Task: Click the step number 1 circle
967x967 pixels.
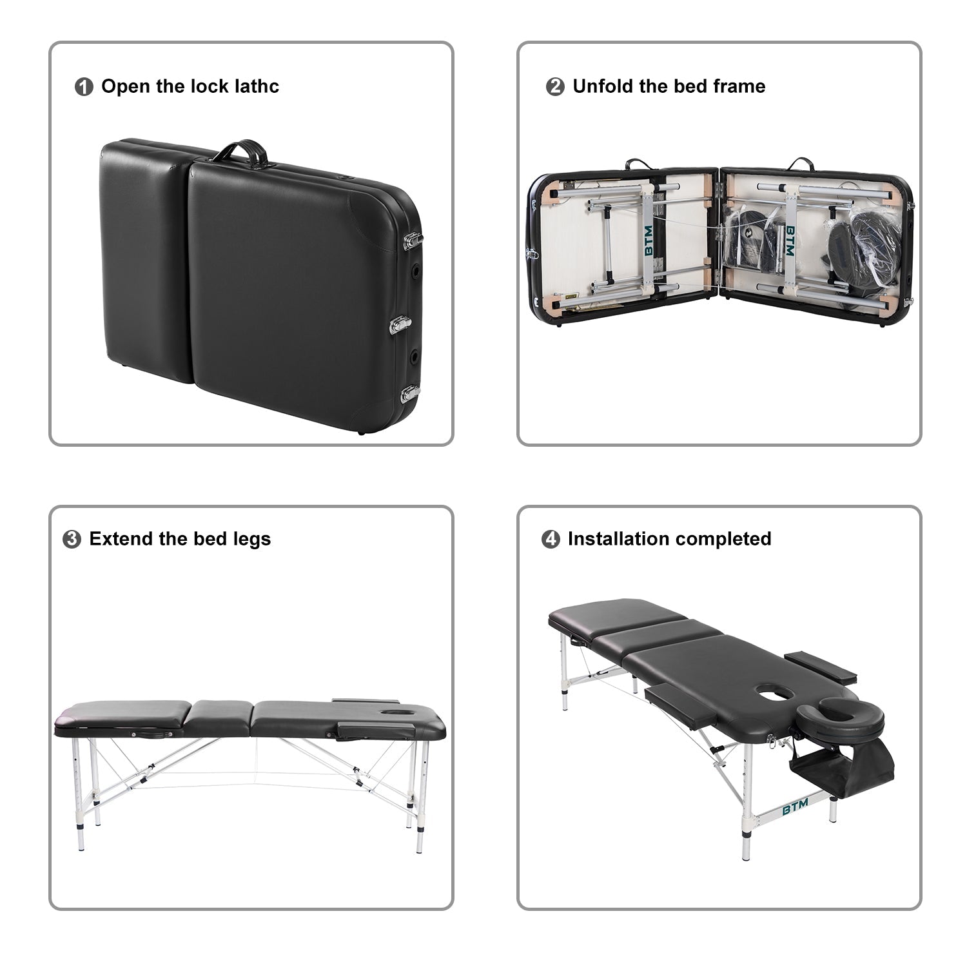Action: tap(84, 87)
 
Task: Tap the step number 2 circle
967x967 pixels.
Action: tap(554, 87)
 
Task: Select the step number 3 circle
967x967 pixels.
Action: tap(72, 540)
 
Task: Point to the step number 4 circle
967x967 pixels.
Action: tap(551, 540)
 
